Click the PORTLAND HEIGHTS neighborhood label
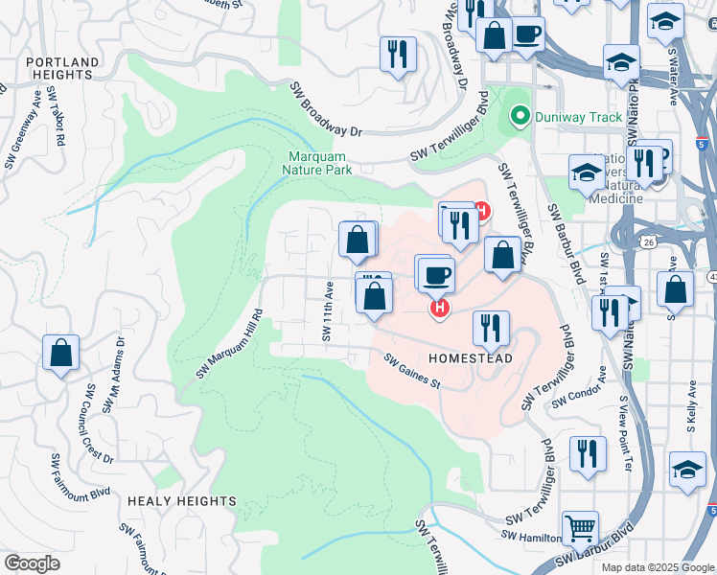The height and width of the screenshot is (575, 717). coord(62,69)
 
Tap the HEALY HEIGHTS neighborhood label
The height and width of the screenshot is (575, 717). coord(181,501)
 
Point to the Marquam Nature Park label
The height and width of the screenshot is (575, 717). coord(317,163)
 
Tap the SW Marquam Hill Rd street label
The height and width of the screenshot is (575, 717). coord(230,343)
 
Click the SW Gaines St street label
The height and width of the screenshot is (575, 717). coord(411,371)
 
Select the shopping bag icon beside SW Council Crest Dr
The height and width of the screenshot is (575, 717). coord(61,353)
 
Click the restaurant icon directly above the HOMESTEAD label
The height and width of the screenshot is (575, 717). coord(491,328)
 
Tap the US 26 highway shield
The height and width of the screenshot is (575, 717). coord(649,243)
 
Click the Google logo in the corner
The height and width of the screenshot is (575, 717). coord(33,563)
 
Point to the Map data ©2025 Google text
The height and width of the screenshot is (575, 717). coord(657,567)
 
